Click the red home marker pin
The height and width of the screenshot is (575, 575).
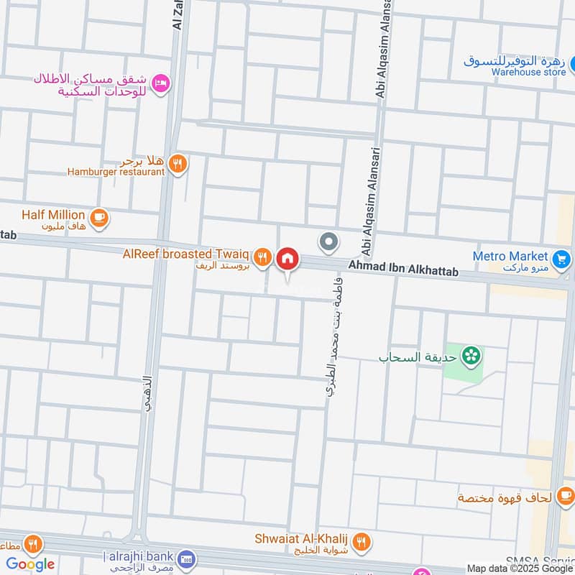pos(287,258)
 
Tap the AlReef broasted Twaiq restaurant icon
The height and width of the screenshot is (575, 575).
pos(264,255)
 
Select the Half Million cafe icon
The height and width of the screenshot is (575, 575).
pos(98,215)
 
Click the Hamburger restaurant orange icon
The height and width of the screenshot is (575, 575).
pos(178,164)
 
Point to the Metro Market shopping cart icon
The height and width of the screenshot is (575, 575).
pos(561,257)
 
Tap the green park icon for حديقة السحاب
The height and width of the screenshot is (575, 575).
pos(471,354)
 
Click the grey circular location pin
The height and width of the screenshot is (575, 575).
pos(329,242)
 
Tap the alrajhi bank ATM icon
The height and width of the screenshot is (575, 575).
pos(187,558)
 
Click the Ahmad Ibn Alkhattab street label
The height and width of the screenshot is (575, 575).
pos(402,269)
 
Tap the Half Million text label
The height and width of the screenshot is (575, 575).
pos(53,214)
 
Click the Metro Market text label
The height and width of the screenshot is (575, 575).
pos(510,256)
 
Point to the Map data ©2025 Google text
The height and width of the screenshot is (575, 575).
pos(520,568)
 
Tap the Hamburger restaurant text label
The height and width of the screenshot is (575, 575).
pos(116,172)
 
